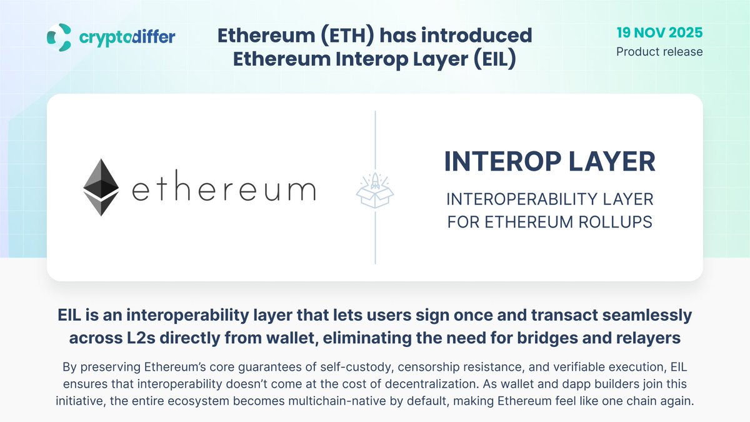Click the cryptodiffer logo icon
(61, 38)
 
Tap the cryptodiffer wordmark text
(127, 38)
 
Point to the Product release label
(659, 51)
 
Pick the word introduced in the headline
(472, 35)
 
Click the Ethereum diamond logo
(102, 188)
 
